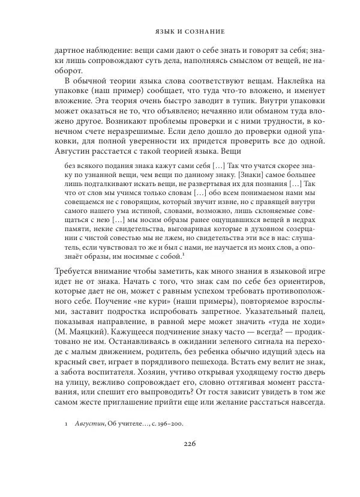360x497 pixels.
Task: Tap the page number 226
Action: (x=180, y=444)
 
